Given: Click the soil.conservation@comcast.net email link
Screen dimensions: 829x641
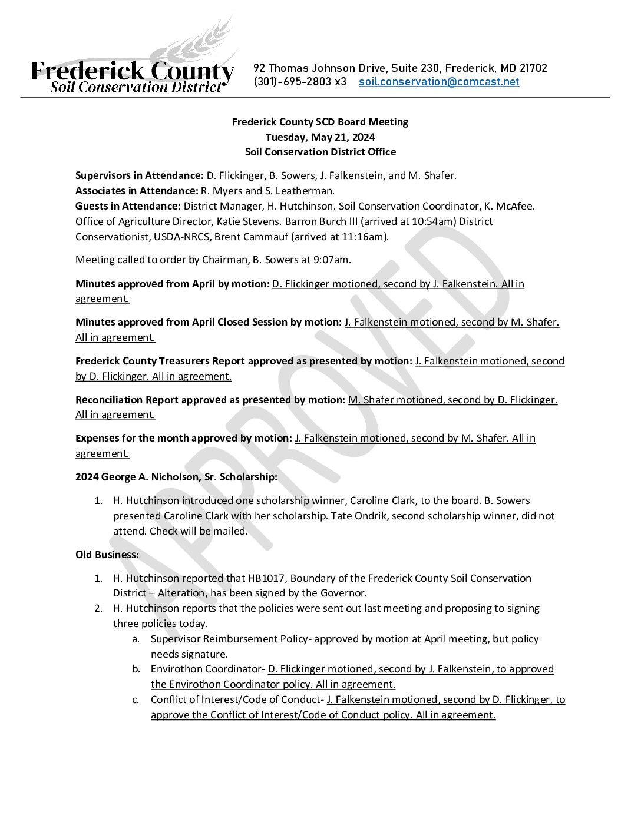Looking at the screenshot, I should [x=439, y=82].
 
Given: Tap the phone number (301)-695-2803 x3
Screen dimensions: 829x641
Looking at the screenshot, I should [x=300, y=82].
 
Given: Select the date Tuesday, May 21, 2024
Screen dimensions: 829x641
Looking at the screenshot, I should [x=320, y=137].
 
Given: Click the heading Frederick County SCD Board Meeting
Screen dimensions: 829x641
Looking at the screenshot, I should [x=320, y=122].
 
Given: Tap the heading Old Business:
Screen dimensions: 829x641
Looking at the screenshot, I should [x=107, y=555].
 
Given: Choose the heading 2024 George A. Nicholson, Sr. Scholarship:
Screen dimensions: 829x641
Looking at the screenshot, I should [x=176, y=477].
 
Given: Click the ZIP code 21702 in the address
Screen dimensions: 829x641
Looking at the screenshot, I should [x=533, y=68].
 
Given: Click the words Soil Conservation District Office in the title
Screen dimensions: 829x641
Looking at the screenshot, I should [x=320, y=152].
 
